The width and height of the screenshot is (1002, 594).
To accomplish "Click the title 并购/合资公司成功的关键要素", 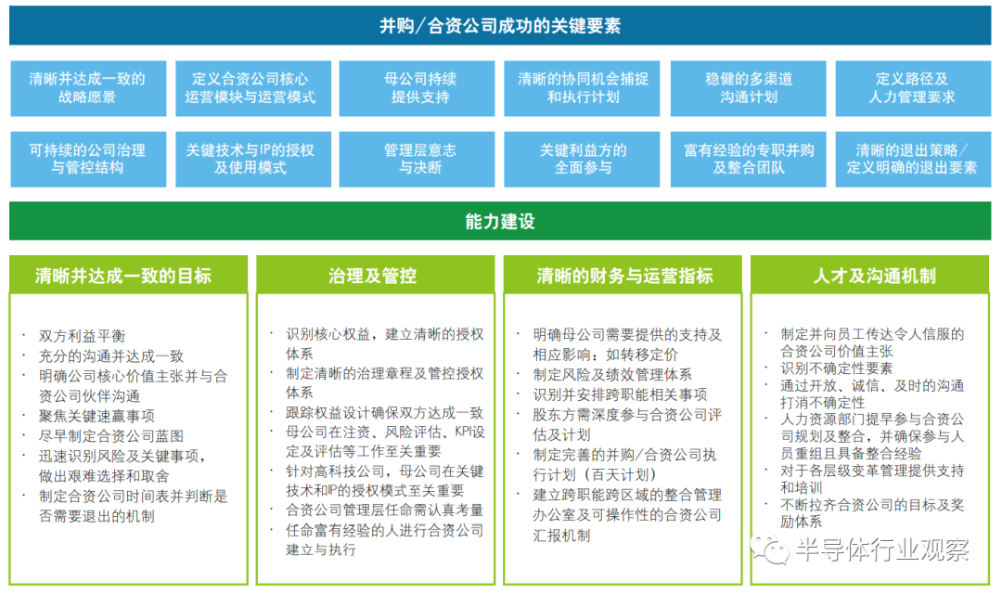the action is [x=500, y=26].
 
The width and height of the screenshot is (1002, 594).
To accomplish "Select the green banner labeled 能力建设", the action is [x=500, y=221].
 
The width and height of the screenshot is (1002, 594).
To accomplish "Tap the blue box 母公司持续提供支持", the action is [x=417, y=88].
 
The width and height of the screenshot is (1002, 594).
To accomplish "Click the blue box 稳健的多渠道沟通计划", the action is [x=749, y=88].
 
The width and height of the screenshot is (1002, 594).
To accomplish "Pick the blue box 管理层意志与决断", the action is [x=417, y=160].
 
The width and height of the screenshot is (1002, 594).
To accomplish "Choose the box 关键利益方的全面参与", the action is [x=582, y=160].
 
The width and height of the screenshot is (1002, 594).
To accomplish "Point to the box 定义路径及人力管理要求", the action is [x=913, y=88].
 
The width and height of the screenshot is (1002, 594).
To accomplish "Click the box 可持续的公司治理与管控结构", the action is [x=88, y=160].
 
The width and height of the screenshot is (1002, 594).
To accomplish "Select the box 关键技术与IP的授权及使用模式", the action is [x=253, y=160].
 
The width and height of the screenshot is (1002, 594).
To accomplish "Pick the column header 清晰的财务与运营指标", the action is [x=623, y=275].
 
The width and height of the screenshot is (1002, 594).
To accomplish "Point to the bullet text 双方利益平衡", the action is [x=82, y=336].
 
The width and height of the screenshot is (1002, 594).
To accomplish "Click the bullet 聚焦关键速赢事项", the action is [x=96, y=416].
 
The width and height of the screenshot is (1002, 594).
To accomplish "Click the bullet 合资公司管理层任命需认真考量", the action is [x=385, y=510].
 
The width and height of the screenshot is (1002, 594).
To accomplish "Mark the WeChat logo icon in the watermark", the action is [x=769, y=549].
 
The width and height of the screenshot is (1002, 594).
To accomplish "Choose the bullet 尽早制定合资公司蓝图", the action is [x=111, y=435].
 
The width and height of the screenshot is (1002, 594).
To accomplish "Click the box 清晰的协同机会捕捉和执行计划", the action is [x=582, y=88].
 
